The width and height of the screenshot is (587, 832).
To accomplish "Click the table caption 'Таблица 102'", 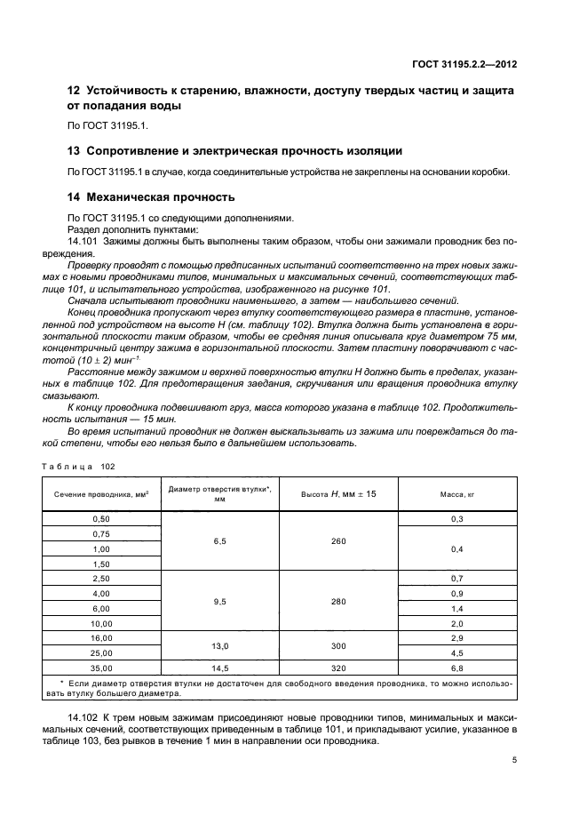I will point(77,465).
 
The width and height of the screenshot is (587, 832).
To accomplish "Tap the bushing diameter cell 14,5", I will point(219,667).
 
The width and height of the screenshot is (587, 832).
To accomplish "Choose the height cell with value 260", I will point(338,540).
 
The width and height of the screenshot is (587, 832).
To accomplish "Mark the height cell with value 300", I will point(338,644).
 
